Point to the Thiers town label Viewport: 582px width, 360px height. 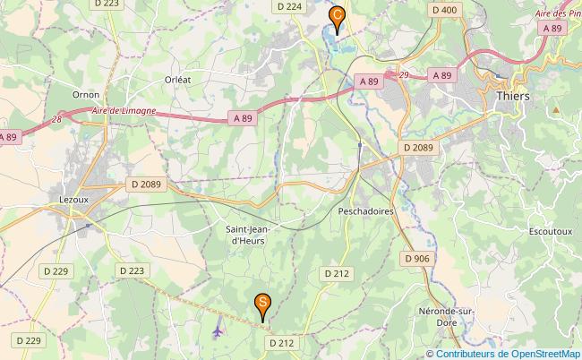(512, 96)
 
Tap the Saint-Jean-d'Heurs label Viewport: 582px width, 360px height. (251, 235)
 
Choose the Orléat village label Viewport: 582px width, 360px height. (177, 79)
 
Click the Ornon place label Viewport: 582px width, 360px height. (86, 94)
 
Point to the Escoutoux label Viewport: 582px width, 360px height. (551, 231)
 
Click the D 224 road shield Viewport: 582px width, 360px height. (289, 6)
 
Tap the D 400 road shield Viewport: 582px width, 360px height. (443, 10)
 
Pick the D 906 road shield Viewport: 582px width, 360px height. (416, 258)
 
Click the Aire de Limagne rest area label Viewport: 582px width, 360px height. (124, 110)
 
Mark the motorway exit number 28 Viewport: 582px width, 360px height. (57, 118)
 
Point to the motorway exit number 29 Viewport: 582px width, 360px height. (404, 74)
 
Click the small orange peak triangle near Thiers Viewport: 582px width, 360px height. (555, 109)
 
